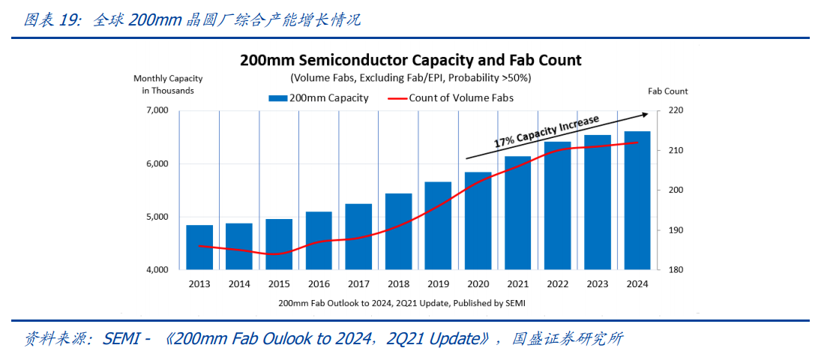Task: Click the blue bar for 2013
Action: [x=199, y=247]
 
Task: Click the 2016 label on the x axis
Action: [x=319, y=284]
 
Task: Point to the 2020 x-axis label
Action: [x=478, y=284]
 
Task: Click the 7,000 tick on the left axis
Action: [x=156, y=111]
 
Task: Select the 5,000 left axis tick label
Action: [x=156, y=217]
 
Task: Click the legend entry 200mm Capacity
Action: [x=319, y=98]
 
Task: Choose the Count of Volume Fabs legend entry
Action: [x=451, y=98]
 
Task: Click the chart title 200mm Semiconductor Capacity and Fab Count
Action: [x=411, y=60]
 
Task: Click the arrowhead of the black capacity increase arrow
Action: [x=645, y=114]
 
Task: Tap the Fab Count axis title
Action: [x=667, y=91]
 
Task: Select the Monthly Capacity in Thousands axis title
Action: [x=168, y=85]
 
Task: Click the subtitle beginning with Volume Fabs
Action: [x=411, y=78]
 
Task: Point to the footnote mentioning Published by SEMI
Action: [x=402, y=303]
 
